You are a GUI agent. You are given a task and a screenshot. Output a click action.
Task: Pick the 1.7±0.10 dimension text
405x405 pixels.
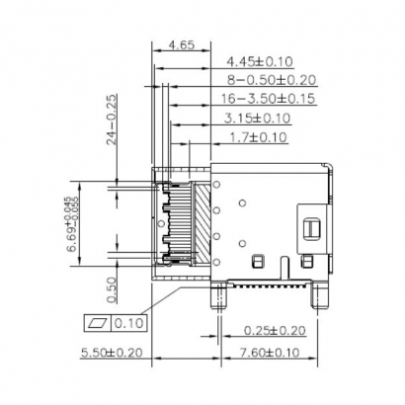tap(257, 137)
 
